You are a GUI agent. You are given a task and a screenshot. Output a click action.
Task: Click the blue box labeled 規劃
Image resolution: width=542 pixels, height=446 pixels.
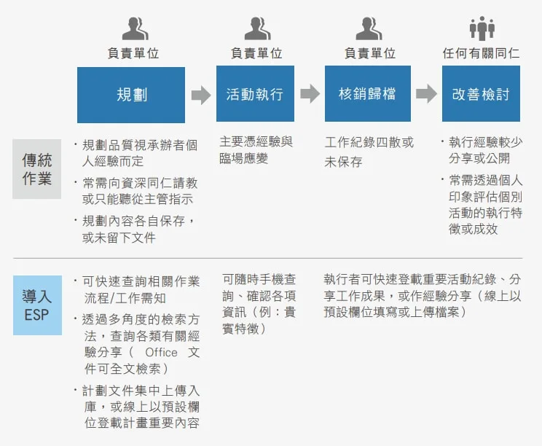coord(131,95)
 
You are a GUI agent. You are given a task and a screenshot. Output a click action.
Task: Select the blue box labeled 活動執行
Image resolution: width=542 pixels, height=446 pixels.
coord(255,94)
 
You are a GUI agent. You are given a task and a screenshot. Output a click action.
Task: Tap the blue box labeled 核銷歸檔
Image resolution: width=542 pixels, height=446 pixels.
coord(368,94)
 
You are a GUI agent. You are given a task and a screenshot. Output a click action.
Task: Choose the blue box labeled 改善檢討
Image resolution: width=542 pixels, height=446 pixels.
coord(481,94)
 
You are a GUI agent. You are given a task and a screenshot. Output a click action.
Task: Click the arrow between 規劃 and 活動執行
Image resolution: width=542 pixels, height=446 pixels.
coord(201,95)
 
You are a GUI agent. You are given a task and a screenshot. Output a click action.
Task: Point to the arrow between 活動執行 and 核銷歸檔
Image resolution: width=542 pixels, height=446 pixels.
coord(310,94)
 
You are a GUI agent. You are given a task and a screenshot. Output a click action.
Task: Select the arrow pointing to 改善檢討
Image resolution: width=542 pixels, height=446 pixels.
coord(426,94)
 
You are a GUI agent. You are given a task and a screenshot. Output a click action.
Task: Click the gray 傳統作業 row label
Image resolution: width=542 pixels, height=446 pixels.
coord(37,169)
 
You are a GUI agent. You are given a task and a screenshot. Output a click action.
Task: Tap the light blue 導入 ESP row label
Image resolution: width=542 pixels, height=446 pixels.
coord(37,305)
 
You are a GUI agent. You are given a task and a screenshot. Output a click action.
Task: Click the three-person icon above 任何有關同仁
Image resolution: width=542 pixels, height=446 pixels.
coord(482,28)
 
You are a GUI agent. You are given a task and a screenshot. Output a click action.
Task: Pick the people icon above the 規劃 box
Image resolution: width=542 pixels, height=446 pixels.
coord(135,28)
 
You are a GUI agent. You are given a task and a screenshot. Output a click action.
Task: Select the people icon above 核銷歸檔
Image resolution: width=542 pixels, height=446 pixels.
coord(369,28)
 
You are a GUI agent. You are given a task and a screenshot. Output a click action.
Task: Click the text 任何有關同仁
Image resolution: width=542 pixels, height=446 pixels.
coord(481,53)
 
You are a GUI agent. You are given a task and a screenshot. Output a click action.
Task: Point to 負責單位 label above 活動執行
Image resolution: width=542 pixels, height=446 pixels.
coord(256,53)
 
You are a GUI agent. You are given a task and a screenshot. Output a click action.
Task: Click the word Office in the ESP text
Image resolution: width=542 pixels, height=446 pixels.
coord(162,352)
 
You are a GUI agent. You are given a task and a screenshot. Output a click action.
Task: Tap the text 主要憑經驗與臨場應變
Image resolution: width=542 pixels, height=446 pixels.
coord(256,149)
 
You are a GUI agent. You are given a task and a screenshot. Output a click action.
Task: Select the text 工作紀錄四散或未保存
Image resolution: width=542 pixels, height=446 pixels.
coord(369,152)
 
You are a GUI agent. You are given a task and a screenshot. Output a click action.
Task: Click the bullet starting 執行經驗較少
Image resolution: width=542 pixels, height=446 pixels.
coord(482,150)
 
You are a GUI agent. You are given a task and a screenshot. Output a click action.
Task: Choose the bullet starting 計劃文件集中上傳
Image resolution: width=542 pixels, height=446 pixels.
coord(137,407)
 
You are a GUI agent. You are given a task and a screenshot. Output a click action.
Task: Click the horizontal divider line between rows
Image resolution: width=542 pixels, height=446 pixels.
coord(268,258)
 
